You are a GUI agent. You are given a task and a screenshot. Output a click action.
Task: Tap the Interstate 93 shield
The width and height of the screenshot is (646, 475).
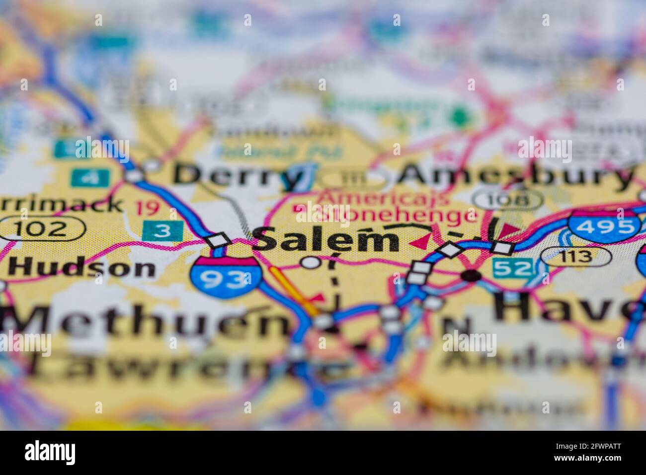pyautogui.click(x=227, y=279)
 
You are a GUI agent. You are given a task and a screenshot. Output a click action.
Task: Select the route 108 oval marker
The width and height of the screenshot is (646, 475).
pyautogui.click(x=507, y=200)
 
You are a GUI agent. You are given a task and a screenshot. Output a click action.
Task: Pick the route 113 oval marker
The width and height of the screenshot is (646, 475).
pyautogui.click(x=575, y=256)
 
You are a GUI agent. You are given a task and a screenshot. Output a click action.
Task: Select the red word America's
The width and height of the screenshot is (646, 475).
pyautogui.click(x=383, y=197)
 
